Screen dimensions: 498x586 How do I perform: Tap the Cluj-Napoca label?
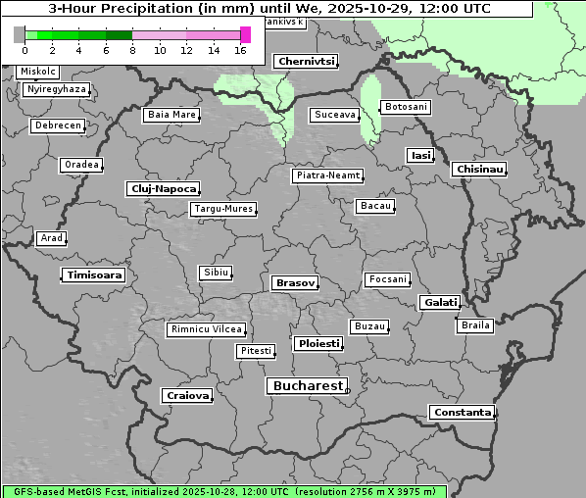tap(164, 188)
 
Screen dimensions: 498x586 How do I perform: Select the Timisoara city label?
tap(94, 275)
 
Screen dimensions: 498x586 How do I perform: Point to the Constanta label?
tap(462, 413)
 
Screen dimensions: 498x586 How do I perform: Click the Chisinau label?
tap(480, 170)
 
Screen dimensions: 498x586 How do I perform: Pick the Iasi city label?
tap(420, 155)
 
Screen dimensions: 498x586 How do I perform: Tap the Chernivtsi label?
tap(306, 61)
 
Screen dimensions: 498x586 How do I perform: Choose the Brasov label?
tap(295, 282)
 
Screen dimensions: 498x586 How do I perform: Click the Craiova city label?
tap(187, 395)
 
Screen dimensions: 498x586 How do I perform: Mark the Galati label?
tap(440, 303)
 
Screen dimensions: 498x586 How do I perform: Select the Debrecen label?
tap(56, 126)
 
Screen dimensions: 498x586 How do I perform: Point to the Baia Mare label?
tap(171, 115)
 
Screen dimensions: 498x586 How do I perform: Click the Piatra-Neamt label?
tap(327, 175)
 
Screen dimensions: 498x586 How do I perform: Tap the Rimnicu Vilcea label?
tap(206, 329)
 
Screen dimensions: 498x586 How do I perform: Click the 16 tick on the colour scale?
tap(240, 50)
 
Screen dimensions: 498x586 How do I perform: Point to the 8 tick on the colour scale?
tap(132, 50)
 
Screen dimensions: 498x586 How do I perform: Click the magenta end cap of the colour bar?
tap(245, 35)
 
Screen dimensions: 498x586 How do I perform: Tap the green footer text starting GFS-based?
tap(223, 491)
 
